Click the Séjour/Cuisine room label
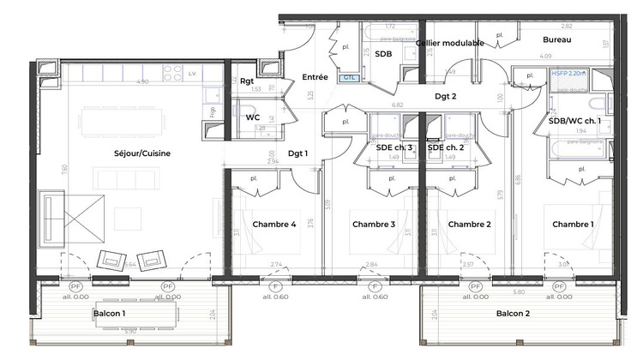click(x=143, y=153)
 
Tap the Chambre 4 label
click(x=274, y=225)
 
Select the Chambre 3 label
click(x=373, y=225)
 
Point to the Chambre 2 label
click(x=470, y=225)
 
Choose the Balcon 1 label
click(x=109, y=314)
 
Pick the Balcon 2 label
click(x=513, y=314)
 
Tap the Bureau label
click(x=557, y=40)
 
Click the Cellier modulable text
click(x=450, y=43)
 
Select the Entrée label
click(x=315, y=77)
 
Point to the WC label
click(x=253, y=117)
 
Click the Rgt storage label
click(x=248, y=82)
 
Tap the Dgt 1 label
click(x=297, y=153)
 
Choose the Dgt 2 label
click(x=445, y=97)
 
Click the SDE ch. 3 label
click(x=394, y=147)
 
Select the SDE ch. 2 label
click(x=446, y=147)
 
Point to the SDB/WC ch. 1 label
click(x=580, y=121)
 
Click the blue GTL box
click(x=350, y=77)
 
